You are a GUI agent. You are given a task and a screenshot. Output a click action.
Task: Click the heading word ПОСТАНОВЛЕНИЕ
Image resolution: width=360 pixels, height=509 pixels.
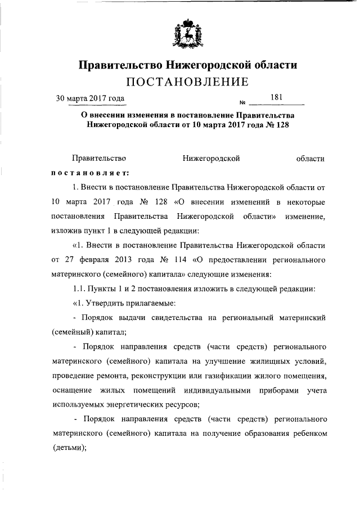[187, 83]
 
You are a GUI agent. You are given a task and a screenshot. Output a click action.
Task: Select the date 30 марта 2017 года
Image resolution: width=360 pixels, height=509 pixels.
[90, 99]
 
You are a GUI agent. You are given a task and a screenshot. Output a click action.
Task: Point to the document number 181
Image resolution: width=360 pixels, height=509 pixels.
[276, 98]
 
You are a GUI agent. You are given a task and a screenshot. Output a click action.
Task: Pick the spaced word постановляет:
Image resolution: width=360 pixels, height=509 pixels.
[90, 173]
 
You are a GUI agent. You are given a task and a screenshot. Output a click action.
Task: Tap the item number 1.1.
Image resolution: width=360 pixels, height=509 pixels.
[82, 289]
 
